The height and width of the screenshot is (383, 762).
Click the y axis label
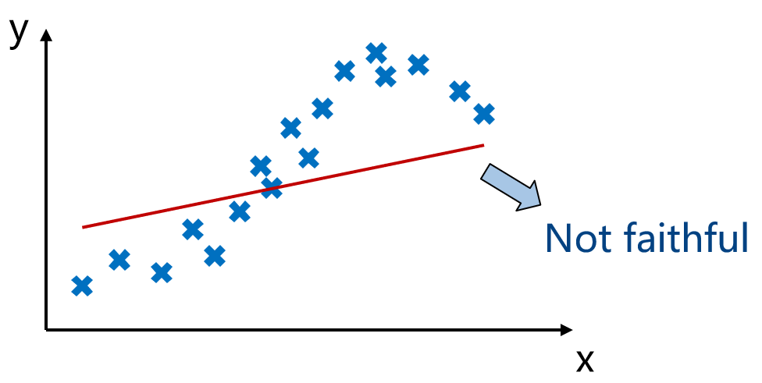19,33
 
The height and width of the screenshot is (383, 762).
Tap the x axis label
585,360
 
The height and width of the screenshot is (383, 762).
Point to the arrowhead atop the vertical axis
46,35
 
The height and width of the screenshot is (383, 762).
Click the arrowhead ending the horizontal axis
567,330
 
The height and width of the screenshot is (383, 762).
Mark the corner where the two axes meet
46,330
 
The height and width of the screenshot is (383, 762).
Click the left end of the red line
83,227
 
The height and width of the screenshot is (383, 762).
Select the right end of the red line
483,144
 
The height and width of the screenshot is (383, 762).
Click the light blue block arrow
511,187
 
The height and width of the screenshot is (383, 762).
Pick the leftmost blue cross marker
82,286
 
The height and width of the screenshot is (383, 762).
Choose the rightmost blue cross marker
484,114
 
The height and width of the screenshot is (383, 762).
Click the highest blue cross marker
376,53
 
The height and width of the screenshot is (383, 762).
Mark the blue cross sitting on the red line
272,188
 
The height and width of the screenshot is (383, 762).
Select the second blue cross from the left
119,261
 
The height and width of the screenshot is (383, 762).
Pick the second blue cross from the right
460,91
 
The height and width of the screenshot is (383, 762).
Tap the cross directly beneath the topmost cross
386,76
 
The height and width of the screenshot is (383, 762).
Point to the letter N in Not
557,238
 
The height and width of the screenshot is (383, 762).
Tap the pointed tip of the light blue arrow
540,205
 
